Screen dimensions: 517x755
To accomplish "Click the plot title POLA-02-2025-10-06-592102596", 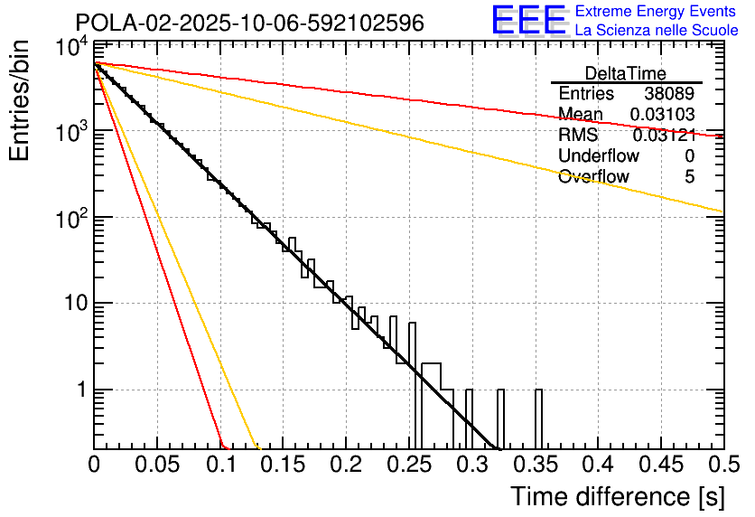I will tap(250, 23).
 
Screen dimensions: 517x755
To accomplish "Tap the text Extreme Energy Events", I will tap(655, 12).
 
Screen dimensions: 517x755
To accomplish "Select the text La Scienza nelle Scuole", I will tap(657, 30).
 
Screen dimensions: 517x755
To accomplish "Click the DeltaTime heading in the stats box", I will tap(626, 73).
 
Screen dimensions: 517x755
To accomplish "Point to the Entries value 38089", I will tap(669, 94).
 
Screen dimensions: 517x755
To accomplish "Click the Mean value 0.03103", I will tap(664, 114).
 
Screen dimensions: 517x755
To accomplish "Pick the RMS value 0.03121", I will tap(664, 135).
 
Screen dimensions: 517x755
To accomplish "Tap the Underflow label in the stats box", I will tap(599, 155).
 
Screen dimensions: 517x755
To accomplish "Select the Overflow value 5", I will tap(689, 176).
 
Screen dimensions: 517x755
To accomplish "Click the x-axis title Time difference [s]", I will tap(617, 496).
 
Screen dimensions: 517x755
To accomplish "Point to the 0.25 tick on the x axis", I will tap(408, 465).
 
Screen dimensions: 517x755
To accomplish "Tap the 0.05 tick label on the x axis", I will tap(157, 465).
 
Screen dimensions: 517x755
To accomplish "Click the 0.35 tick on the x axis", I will tap(535, 465).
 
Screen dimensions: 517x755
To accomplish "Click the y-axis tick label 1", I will tap(79, 390).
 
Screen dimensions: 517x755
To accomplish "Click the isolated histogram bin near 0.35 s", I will tap(539, 418).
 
